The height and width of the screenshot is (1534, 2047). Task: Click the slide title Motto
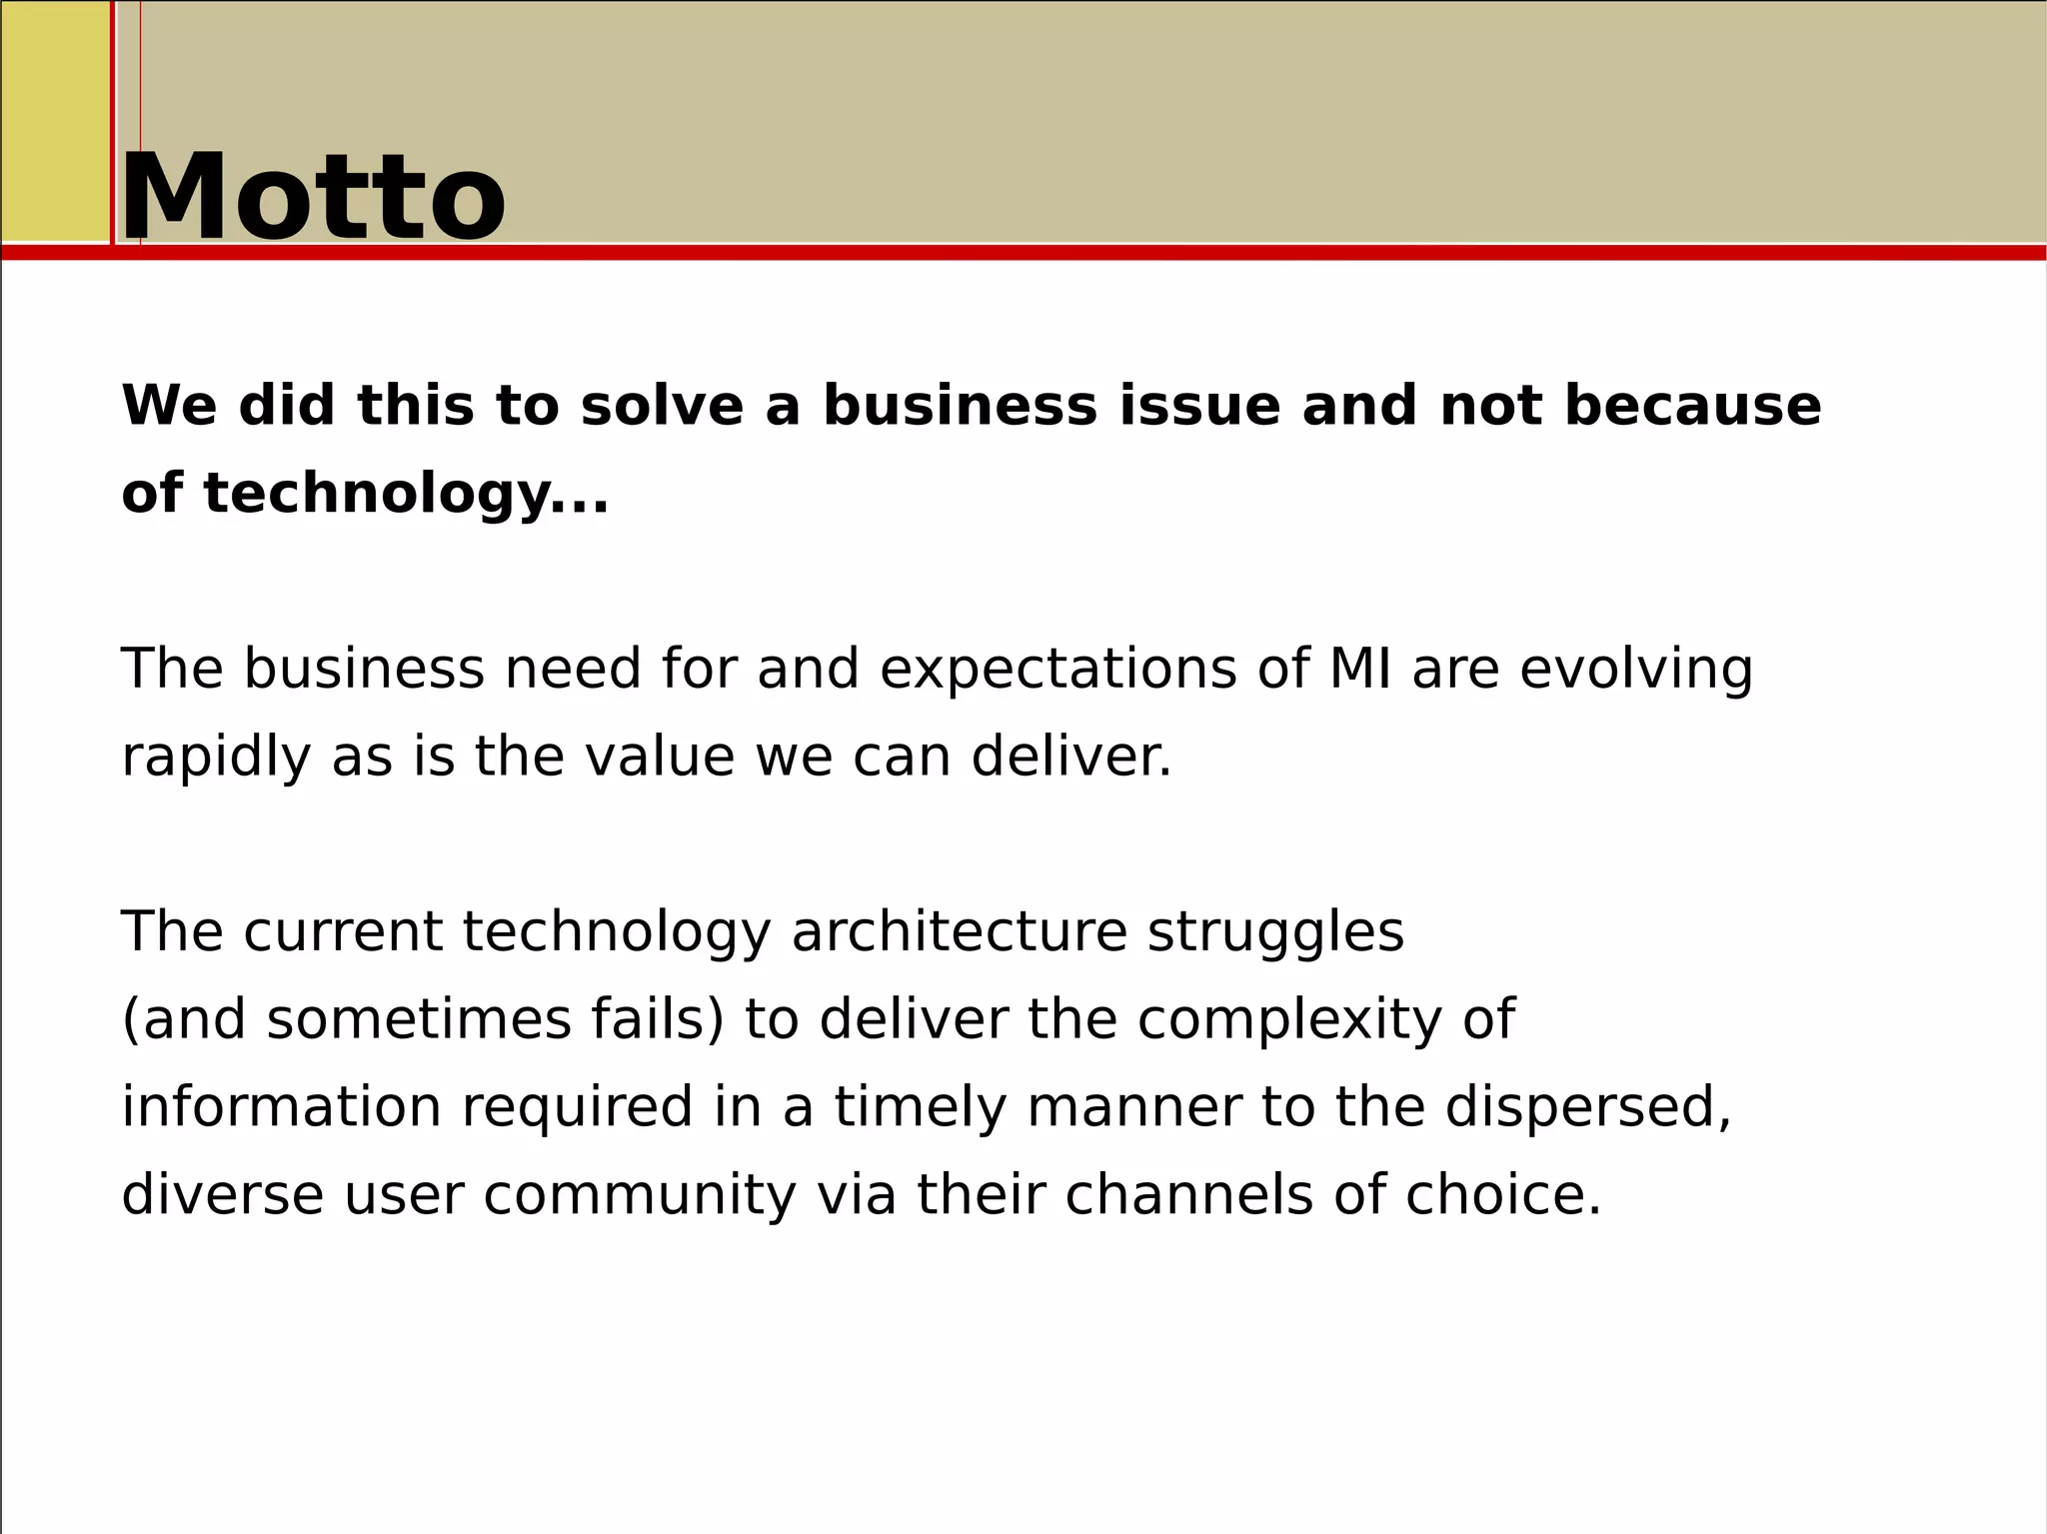(313, 197)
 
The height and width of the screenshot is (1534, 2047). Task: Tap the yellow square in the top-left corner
(55, 121)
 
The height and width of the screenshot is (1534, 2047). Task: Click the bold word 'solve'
(662, 406)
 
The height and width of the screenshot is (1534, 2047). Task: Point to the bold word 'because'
(1692, 406)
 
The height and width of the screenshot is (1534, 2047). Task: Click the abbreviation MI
(1359, 669)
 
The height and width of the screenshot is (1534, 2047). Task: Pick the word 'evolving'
(1636, 671)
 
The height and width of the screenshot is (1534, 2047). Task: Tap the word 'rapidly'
(216, 758)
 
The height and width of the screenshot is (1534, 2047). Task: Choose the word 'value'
(660, 757)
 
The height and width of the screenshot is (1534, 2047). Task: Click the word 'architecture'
(960, 932)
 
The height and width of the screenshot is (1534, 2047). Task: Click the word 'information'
(281, 1107)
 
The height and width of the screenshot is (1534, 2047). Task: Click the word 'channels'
(1188, 1194)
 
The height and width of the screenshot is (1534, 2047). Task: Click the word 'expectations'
(1058, 671)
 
